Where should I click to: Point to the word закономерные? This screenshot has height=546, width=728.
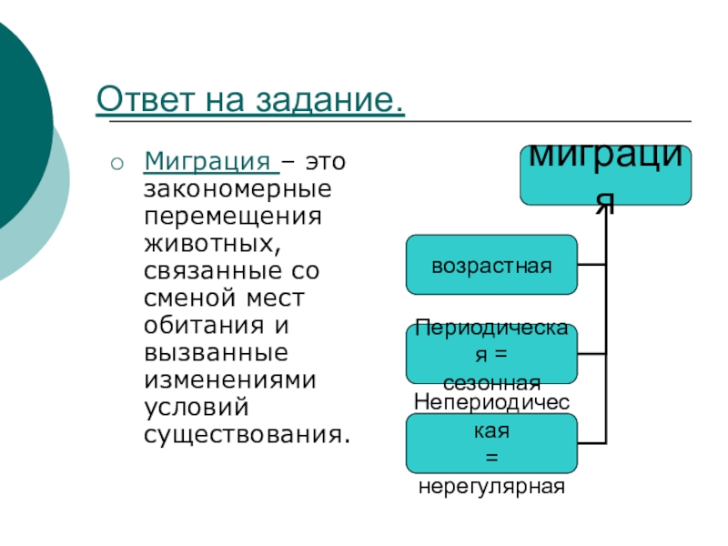pos(237,192)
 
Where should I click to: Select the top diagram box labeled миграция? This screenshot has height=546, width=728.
pos(605,174)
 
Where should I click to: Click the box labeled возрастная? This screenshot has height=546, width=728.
pos(491,265)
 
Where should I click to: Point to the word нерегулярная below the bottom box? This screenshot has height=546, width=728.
pos(491,487)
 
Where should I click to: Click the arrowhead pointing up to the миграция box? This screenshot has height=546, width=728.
pos(601,211)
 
